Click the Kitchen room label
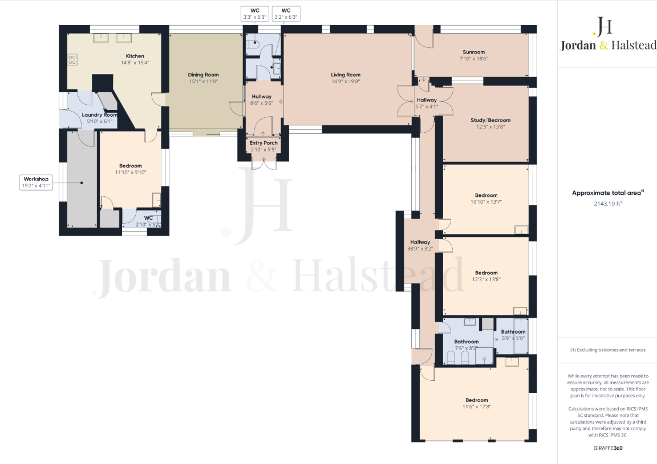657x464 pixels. [x=135, y=56]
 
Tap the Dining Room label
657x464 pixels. [x=204, y=75]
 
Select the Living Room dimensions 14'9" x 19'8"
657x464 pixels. [x=346, y=81]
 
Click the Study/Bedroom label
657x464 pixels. [x=490, y=120]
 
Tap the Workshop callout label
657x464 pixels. [x=35, y=182]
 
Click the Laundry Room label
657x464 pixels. [x=99, y=115]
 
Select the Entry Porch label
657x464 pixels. [x=263, y=143]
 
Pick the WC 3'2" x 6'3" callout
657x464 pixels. [x=286, y=14]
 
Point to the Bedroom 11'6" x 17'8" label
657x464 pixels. [x=476, y=400]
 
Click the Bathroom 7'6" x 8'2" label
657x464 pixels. [x=466, y=342]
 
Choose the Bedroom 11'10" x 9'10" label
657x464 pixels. [x=131, y=166]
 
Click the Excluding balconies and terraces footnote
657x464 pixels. [x=608, y=350]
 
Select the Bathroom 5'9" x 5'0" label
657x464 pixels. [x=513, y=332]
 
